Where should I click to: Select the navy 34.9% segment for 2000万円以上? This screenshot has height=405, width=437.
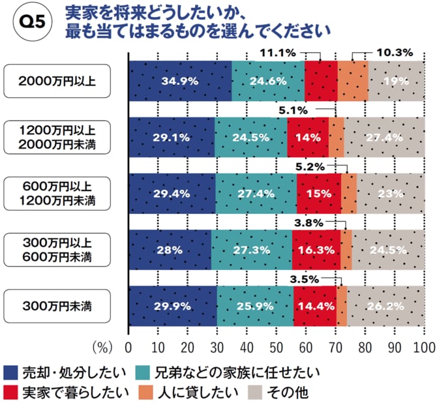(179, 82)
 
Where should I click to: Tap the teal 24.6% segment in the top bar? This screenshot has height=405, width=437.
(267, 82)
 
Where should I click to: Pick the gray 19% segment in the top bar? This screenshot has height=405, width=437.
(396, 82)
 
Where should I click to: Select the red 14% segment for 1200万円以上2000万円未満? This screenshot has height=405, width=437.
(307, 138)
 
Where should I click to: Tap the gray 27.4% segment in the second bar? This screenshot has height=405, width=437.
(384, 138)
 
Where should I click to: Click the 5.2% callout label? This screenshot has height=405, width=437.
(310, 167)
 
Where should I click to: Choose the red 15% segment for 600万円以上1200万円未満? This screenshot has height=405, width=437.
(318, 193)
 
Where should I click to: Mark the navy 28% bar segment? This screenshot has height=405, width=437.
(170, 249)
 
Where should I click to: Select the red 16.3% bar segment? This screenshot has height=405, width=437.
(316, 249)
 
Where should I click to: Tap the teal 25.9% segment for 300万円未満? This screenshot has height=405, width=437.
(255, 305)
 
